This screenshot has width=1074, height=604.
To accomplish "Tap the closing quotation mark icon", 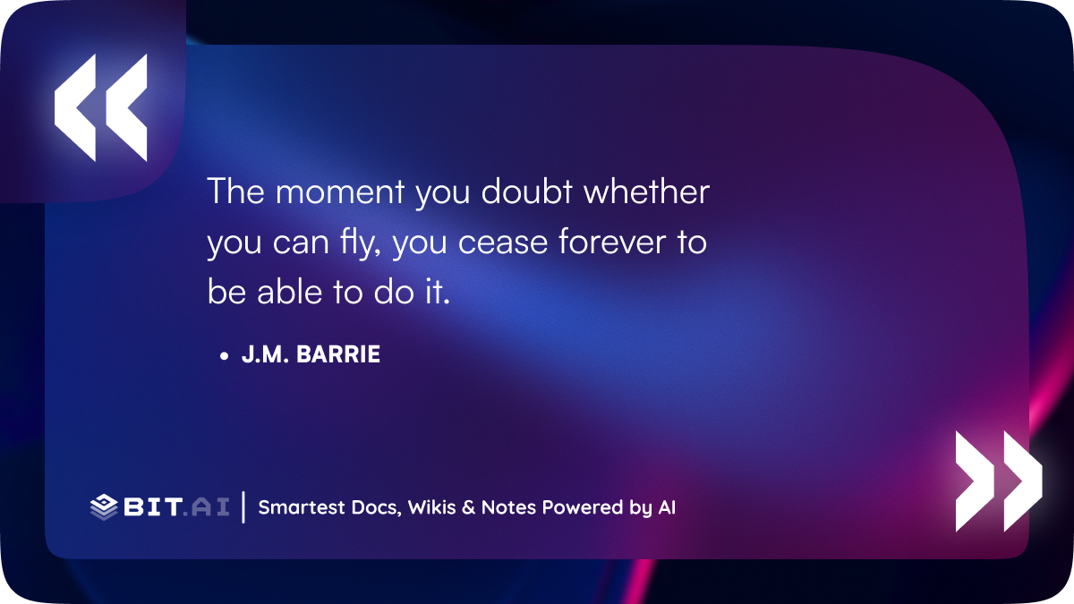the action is coord(999,481).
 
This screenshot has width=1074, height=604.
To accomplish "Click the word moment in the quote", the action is coord(340,191).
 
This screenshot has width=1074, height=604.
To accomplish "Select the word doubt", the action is coord(526,191).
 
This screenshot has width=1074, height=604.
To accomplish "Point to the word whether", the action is coord(646,191).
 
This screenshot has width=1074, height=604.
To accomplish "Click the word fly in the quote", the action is coord(360,242).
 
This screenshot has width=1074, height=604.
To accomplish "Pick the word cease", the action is coord(502,243).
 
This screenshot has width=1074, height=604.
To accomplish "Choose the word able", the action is coord(289,291).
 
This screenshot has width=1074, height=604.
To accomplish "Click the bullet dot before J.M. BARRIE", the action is coord(224,356).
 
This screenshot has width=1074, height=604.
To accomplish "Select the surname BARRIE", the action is coord(338,354).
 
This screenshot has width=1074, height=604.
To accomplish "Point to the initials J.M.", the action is coord(265,354).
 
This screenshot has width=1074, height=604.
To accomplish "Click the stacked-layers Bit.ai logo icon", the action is coord(104,507).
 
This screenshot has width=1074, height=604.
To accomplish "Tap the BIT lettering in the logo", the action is coord(153,507).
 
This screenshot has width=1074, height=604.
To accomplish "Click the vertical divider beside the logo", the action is coord(243,507).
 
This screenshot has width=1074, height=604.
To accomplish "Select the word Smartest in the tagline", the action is coord(302,507).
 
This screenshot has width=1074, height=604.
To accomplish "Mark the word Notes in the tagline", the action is coord(508,507).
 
